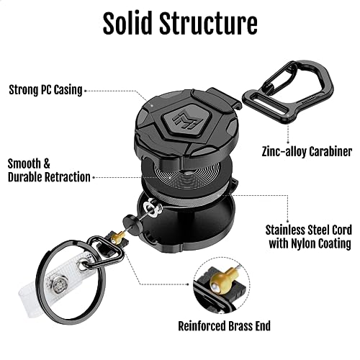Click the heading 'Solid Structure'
click(x=179, y=23)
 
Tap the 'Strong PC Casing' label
click(x=45, y=90)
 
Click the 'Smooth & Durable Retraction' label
click(x=49, y=170)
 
